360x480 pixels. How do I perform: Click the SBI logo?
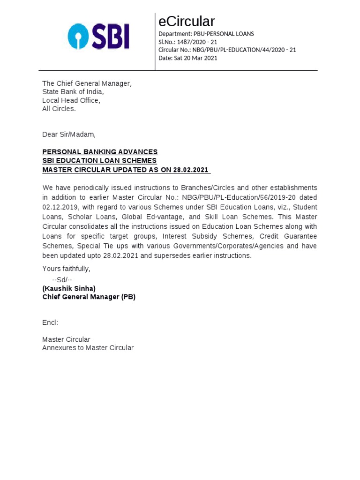pos(98,37)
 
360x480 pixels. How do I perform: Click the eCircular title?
pos(187,22)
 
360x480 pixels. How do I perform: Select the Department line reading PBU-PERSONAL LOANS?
pos(206,34)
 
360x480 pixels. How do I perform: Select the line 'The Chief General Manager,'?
pos(87,83)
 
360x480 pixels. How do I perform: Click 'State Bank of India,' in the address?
pos(73,92)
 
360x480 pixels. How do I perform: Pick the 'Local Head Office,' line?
pos(71,100)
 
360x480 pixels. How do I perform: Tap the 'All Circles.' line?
pos(59,109)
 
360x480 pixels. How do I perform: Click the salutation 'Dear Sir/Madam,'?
pos(69,135)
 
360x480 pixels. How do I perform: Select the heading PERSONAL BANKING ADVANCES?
pos(100,152)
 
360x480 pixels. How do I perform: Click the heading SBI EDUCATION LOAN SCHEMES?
pos(99,161)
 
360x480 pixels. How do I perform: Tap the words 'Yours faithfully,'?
pos(67,269)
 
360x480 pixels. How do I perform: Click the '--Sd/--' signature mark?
pos(62,280)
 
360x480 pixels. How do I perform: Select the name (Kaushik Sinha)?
pos(69,288)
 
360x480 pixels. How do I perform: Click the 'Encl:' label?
pos(50,322)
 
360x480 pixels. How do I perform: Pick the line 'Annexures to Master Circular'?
pos(88,348)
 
